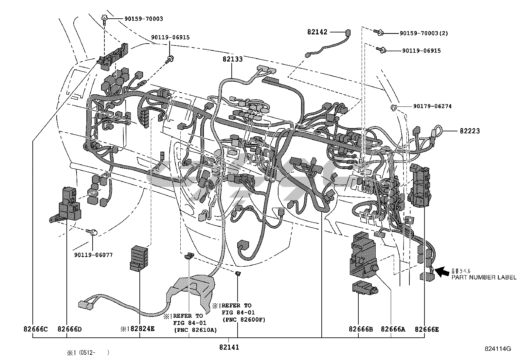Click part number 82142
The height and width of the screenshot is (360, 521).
coord(317,32)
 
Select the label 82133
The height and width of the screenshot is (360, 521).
coord(233,59)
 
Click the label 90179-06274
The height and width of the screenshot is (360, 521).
coord(432,106)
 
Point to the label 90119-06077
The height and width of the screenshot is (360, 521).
coord(93,255)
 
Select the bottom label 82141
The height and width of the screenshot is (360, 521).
coord(229,347)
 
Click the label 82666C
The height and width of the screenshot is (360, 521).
coord(35,329)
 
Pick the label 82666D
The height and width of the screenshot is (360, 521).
coord(69,329)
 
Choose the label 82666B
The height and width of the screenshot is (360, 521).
coord(361,329)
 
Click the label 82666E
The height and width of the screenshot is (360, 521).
coord(426,329)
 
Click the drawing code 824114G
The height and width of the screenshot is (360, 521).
coord(498,349)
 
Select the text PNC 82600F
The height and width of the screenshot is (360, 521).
coord(243,319)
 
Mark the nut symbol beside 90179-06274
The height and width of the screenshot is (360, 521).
coord(394,107)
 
